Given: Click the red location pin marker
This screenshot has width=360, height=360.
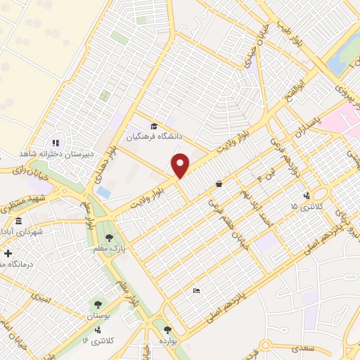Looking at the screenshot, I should tap(181, 166).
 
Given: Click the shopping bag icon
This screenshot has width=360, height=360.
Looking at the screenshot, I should tap(219, 184).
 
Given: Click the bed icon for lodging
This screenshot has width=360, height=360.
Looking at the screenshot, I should tap(196, 290).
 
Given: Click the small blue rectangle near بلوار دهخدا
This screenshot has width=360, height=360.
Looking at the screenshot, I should tap(103, 191).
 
